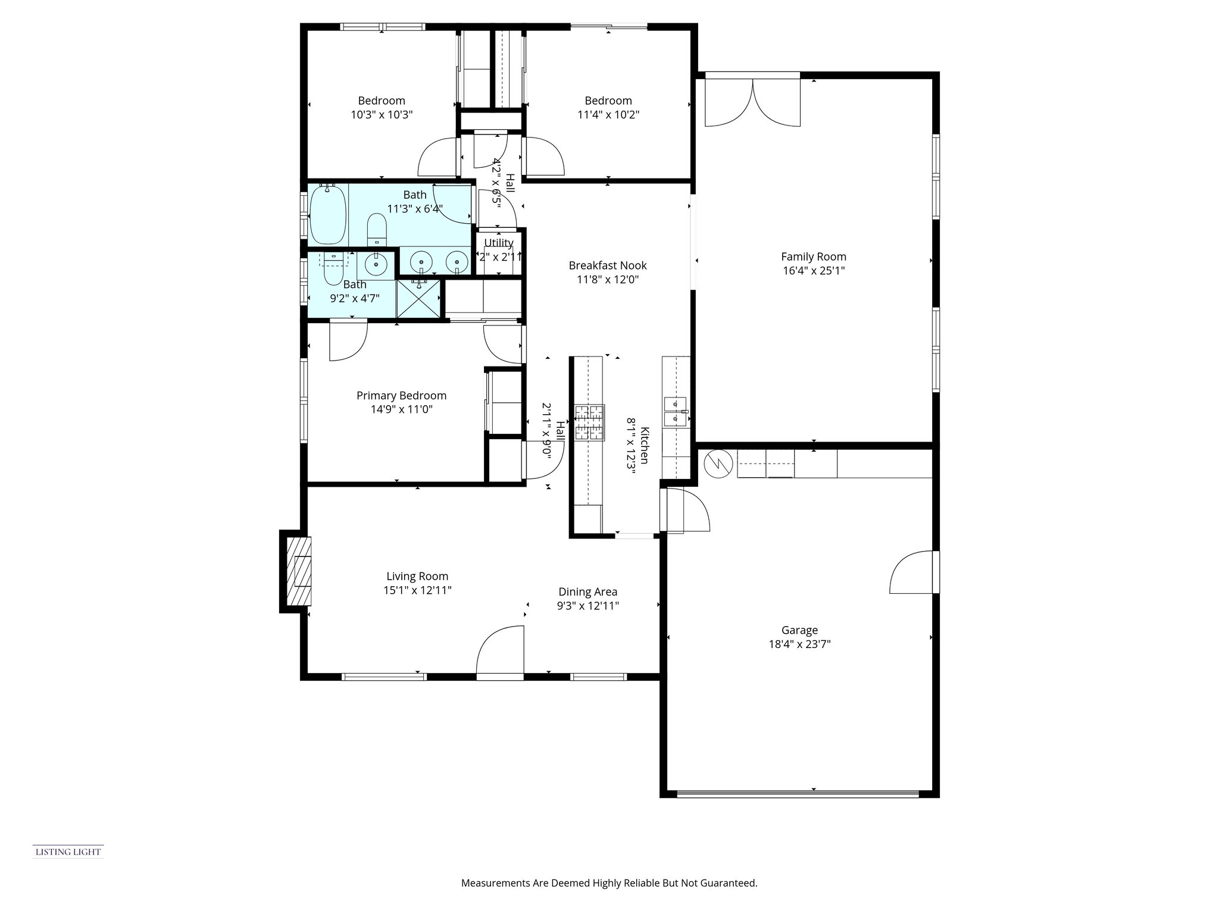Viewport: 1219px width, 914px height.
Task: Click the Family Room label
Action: pos(813,256)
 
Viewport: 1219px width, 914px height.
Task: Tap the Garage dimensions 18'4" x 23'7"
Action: pos(799,644)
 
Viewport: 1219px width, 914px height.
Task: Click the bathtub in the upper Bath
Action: pos(327,214)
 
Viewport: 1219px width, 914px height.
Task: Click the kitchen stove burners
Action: pos(589,422)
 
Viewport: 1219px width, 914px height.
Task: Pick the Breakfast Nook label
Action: pos(607,265)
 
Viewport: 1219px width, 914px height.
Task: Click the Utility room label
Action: pos(498,243)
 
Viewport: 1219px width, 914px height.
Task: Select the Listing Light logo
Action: pos(68,852)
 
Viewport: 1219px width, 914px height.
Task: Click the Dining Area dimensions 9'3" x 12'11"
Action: pos(587,606)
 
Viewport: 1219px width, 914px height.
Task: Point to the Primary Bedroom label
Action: pos(401,396)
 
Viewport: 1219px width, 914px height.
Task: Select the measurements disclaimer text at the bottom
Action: pos(609,883)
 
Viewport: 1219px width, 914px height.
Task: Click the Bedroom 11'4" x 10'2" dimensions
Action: pos(608,114)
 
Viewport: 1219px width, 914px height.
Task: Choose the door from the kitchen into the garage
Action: pos(686,510)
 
